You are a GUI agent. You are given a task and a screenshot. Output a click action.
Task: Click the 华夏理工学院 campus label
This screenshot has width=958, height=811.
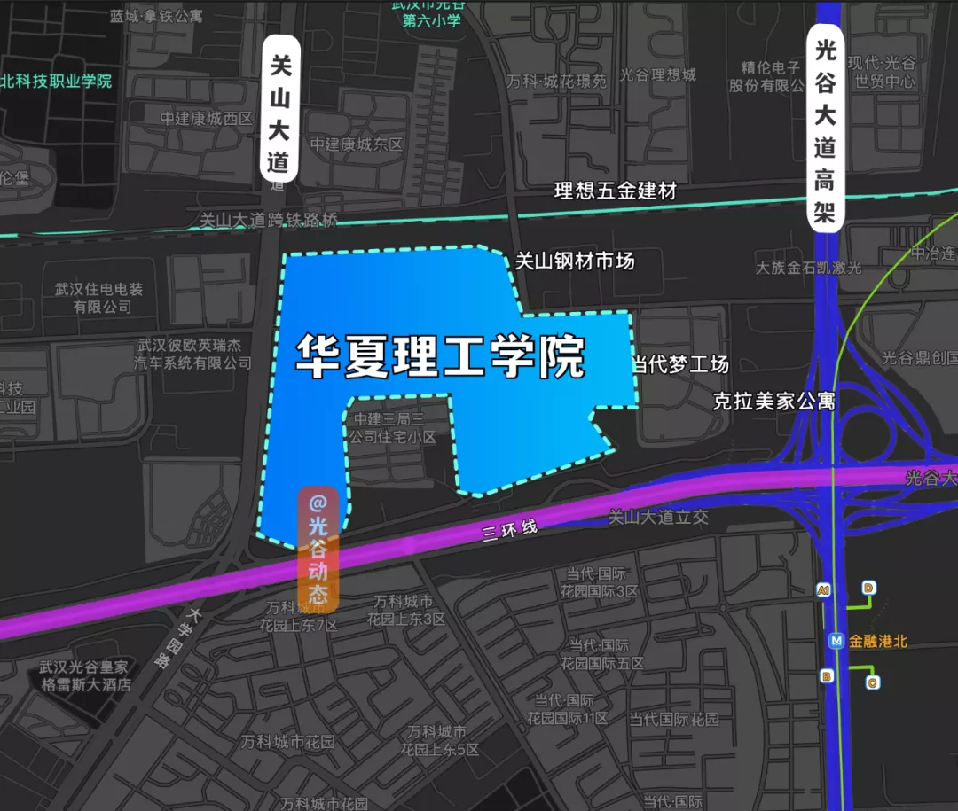point(441,356)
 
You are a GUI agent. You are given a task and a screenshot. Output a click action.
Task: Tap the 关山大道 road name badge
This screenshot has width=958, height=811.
point(281,107)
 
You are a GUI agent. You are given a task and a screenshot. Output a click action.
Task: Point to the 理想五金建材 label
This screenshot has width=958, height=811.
point(615,191)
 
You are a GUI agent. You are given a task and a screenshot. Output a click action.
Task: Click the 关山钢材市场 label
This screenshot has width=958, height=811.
point(575,261)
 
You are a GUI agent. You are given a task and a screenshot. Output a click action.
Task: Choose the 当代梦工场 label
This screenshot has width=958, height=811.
point(679,364)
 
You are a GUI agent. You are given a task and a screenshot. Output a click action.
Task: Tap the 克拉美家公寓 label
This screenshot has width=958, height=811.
point(774,402)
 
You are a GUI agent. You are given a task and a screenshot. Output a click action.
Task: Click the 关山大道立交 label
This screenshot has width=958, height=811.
point(658,517)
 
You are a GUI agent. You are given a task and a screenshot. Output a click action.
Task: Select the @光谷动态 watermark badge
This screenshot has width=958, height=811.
point(318,550)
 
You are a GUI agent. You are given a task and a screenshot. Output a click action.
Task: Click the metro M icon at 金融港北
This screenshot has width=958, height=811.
point(835,640)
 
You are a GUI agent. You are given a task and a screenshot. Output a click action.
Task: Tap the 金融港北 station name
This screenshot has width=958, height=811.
point(878,640)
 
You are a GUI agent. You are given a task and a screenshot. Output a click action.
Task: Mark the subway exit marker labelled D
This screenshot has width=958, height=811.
point(868,588)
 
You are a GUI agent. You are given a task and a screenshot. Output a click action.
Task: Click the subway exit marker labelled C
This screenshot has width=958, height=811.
point(872,682)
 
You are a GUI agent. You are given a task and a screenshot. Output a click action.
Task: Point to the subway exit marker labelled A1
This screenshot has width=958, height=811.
point(824,590)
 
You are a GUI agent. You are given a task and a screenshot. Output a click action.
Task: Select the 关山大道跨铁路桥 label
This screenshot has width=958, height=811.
point(269,220)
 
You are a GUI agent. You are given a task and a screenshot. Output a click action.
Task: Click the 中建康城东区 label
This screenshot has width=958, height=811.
point(357,144)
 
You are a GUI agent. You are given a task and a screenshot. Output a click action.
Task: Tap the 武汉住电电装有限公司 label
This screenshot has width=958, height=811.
point(102,298)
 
